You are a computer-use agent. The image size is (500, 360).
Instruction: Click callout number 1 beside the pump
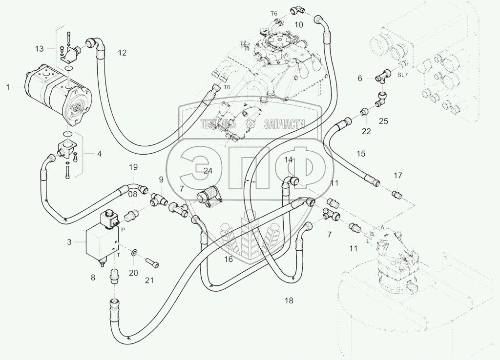8,87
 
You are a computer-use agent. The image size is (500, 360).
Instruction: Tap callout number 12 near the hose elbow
122,53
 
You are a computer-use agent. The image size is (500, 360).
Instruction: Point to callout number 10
299,24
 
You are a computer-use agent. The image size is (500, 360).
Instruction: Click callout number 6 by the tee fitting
360,78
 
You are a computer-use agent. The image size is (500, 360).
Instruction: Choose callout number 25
383,120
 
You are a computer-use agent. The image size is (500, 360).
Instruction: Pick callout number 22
366,131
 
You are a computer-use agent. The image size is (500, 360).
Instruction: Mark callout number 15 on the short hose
360,154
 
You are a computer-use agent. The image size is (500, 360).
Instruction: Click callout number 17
398,176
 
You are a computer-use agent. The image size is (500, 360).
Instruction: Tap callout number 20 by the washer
134,273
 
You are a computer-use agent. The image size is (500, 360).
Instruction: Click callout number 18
289,300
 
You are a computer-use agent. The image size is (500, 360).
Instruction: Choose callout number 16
228,260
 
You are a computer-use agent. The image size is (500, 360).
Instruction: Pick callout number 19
133,167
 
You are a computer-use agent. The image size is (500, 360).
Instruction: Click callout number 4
99,154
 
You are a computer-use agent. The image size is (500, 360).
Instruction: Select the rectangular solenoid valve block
100,243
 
